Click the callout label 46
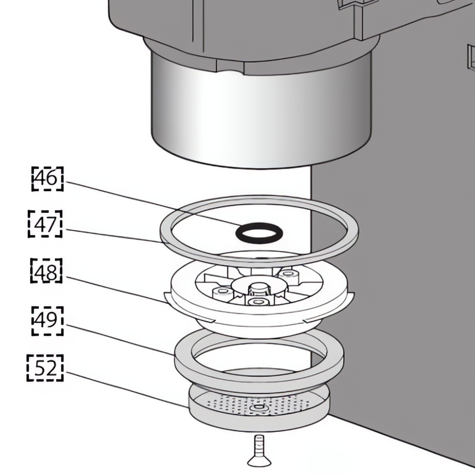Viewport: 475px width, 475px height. tap(47, 179)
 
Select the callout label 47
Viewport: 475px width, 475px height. tap(45, 224)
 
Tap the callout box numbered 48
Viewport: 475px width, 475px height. tap(47, 271)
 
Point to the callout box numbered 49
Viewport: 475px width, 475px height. tap(47, 321)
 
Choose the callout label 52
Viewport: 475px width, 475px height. tap(45, 368)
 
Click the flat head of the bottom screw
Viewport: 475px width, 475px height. tap(259, 462)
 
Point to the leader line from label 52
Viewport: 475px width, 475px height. tap(127, 389)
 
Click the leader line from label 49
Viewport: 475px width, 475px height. tap(120, 339)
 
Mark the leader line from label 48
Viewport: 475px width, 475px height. tap(116, 290)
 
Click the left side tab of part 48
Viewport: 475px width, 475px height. tap(168, 298)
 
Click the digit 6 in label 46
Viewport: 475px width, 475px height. tap(52, 179)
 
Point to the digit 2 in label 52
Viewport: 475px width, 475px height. tap(51, 368)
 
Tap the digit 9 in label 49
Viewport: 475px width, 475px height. tap(52, 320)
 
